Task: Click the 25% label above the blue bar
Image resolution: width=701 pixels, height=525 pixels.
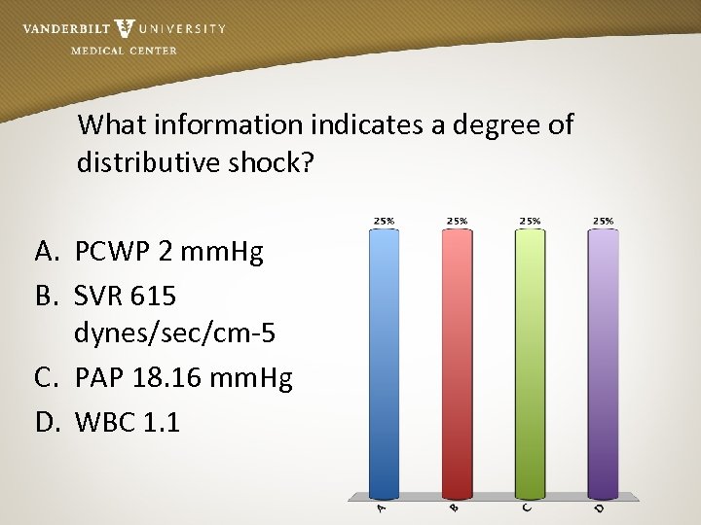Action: pyautogui.click(x=384, y=221)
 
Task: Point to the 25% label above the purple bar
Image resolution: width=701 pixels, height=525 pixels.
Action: pyautogui.click(x=603, y=221)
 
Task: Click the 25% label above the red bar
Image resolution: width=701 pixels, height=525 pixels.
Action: pyautogui.click(x=457, y=221)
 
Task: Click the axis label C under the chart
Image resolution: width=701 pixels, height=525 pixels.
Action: pyautogui.click(x=526, y=508)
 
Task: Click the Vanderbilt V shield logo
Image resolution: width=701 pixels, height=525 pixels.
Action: pyautogui.click(x=125, y=29)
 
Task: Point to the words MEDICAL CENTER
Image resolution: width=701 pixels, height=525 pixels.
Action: pyautogui.click(x=124, y=51)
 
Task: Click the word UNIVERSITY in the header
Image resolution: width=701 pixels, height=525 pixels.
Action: pyautogui.click(x=182, y=29)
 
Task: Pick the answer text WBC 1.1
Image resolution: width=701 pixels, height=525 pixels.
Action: pyautogui.click(x=128, y=423)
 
